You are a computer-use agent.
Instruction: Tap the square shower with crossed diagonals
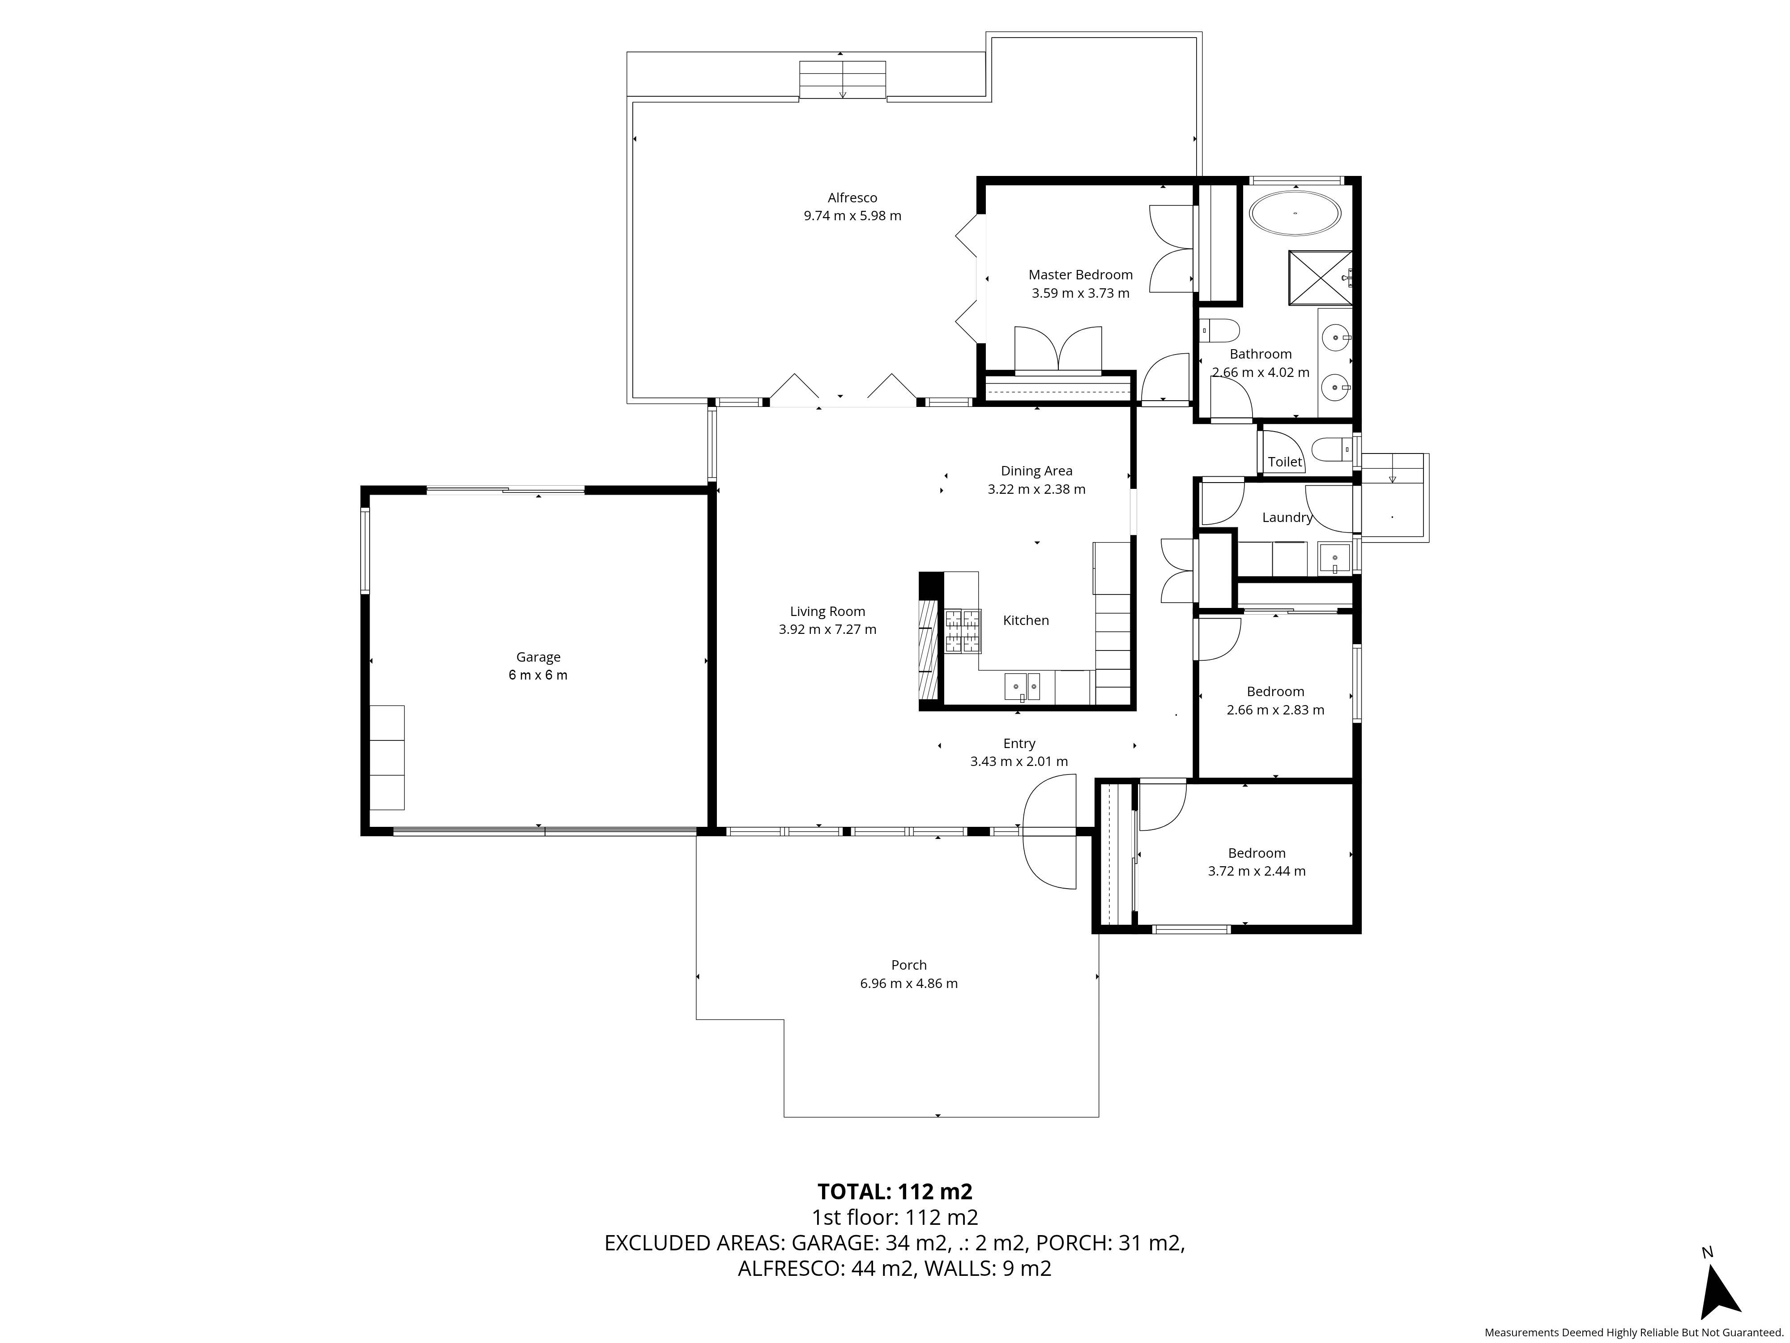(1320, 278)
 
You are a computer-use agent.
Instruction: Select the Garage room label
(538, 657)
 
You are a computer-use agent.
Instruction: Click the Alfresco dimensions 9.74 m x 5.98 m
(852, 216)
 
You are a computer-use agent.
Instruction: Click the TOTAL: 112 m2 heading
(894, 1192)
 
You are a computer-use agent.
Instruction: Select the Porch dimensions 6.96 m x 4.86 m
(909, 984)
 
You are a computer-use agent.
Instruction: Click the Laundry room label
(1287, 518)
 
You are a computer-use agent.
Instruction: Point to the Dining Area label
(1036, 471)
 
